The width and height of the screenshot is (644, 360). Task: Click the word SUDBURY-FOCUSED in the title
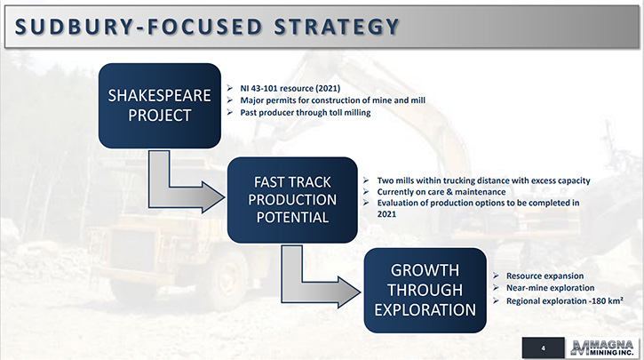click(139, 27)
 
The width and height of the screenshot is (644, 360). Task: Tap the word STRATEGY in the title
click(337, 27)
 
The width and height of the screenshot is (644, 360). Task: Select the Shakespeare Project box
click(160, 106)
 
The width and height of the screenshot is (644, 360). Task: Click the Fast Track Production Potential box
click(292, 200)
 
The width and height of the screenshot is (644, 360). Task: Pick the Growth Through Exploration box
click(425, 290)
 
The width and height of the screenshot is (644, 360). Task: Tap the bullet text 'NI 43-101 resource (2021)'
click(290, 88)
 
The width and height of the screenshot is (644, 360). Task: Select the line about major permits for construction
click(333, 100)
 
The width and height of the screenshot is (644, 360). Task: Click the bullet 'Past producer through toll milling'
click(306, 113)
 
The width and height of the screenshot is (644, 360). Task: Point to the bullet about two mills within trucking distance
click(483, 180)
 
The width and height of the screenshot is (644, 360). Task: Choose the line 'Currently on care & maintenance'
click(441, 192)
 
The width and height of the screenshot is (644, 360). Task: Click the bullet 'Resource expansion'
click(545, 276)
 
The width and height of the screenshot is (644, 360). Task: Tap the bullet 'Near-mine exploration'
click(550, 288)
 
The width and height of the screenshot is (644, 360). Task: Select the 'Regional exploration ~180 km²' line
click(565, 300)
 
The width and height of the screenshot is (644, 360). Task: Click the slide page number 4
click(543, 348)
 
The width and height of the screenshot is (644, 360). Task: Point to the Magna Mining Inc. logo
click(602, 348)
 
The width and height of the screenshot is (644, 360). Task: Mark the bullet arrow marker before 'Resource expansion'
click(497, 276)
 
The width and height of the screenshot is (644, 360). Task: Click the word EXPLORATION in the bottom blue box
click(425, 310)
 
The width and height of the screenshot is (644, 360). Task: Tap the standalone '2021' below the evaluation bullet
click(386, 214)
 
